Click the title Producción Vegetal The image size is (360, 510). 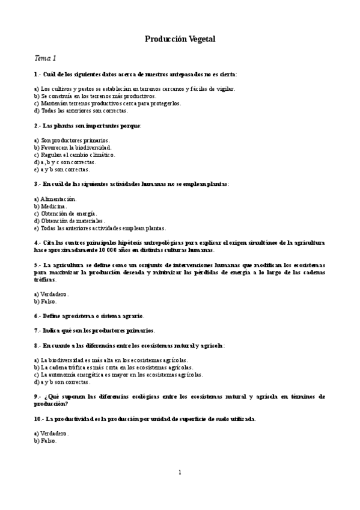click(180, 39)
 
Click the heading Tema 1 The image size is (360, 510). click(44, 58)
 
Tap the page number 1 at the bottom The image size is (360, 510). click(180, 472)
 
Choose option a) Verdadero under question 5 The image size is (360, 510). click(52, 294)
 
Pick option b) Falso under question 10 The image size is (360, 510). click(46, 440)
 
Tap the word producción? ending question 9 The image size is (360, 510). click(51, 404)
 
